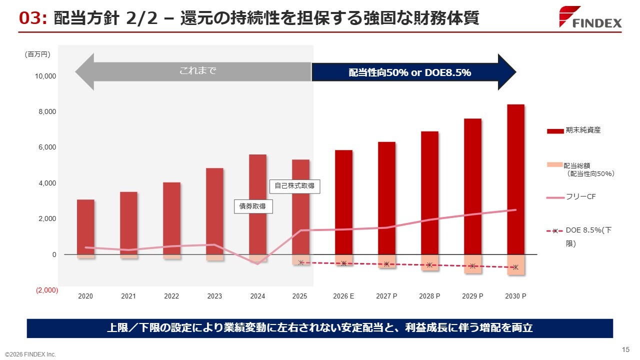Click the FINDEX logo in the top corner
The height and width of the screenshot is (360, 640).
pos(590,18)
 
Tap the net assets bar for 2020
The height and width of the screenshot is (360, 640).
pos(85,227)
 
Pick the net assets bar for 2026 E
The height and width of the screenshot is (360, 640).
pos(343,202)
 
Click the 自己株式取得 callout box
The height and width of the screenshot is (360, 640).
pos(295,186)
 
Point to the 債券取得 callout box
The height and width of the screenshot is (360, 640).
pos(253,206)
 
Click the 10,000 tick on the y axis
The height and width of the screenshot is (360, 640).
pos(45,76)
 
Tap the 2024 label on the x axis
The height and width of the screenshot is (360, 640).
pos(257,296)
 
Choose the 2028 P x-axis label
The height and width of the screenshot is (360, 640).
pos(429,296)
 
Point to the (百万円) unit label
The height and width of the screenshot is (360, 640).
pos(37,54)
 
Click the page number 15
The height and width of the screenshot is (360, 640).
pos(625,349)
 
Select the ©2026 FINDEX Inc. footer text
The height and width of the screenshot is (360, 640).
pos(30,354)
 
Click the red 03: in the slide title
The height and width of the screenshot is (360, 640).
pos(33,18)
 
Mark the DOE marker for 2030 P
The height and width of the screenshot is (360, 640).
pos(515,267)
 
